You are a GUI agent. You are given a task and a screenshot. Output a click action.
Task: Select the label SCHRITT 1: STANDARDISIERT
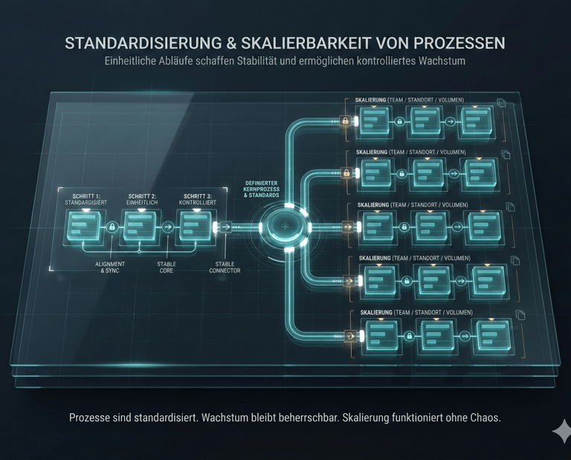tap(86, 198)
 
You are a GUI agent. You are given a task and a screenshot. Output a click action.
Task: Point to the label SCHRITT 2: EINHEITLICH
tap(143, 198)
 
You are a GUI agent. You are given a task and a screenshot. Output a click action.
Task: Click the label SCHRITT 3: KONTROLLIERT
tap(198, 198)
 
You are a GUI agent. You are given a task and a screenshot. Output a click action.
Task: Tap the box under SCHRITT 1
tap(84, 226)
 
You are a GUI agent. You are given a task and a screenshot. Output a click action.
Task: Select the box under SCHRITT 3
tap(196, 226)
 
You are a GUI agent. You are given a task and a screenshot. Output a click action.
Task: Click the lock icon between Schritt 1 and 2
tap(112, 227)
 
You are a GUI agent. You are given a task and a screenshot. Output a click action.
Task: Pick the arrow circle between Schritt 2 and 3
tap(168, 227)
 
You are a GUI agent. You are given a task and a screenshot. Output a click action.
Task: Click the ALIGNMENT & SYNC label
tap(111, 268)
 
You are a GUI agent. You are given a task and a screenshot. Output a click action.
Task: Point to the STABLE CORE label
tap(167, 268)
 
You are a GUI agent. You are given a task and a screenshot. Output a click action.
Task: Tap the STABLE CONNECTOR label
tap(225, 268)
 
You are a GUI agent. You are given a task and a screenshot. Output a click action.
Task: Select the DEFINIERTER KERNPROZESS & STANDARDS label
tap(261, 189)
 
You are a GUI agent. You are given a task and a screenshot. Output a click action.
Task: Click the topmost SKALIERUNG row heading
tap(410, 100)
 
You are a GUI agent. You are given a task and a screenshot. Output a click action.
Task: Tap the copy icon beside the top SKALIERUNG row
tap(502, 103)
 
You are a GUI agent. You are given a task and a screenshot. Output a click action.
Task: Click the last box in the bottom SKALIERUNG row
tap(493, 336)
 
